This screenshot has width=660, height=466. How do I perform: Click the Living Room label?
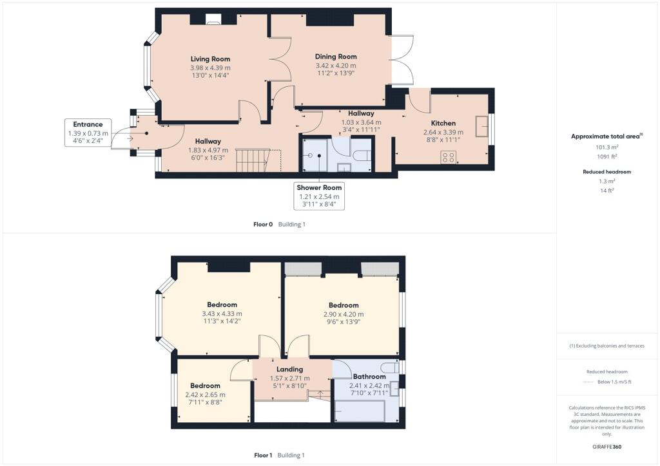210,59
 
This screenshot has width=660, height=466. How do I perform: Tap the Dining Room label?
336,57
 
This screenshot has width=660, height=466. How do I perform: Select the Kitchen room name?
443,123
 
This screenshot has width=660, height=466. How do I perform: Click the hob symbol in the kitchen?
449,156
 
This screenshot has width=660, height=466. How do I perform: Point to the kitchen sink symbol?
481,126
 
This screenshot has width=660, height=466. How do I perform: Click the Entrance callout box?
88,133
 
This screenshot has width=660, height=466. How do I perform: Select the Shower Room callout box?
318,196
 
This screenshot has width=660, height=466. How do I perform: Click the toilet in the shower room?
362,155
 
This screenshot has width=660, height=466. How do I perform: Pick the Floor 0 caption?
263,225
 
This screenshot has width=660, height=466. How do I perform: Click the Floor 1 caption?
263,455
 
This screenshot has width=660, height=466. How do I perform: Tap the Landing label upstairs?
290,369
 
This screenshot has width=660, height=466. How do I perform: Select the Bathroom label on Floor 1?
369,377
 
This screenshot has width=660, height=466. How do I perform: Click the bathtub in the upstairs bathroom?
359,410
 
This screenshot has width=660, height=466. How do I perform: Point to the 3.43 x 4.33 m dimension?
222,313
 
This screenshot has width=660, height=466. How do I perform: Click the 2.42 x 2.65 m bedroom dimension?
205,395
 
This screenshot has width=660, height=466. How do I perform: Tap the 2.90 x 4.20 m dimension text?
343,314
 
